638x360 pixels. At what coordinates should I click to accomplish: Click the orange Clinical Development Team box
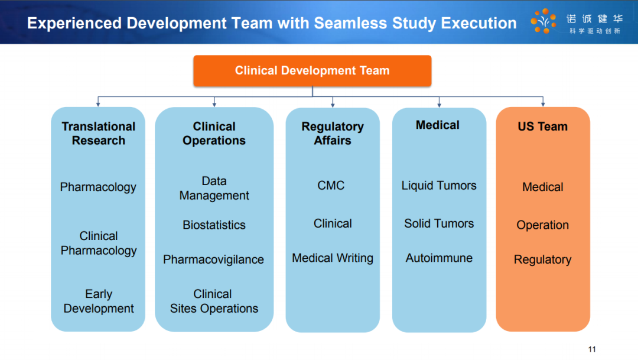coord(312,71)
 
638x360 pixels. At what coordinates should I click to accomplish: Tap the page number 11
coord(591,349)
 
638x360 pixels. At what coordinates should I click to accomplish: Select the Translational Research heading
coord(99,133)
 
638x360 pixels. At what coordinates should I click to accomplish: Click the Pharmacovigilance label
coord(214,260)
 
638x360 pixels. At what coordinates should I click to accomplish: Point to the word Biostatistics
coord(214,225)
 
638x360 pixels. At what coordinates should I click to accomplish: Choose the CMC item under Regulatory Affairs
coord(331,186)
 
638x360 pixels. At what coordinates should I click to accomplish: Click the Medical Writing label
coord(333,258)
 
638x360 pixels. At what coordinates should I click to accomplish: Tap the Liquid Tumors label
coord(438,186)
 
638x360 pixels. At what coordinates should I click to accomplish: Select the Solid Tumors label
coord(438,223)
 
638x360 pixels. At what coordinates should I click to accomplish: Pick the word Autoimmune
coord(438,258)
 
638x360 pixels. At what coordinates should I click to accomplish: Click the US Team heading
coord(542,127)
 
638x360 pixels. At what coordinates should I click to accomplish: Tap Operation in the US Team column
coord(542,225)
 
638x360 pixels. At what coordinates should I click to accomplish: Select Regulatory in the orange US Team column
coord(542,260)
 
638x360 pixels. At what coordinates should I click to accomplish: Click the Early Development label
coord(99,301)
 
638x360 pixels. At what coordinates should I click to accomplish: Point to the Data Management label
coord(214,188)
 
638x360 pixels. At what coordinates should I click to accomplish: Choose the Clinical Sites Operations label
coord(214,301)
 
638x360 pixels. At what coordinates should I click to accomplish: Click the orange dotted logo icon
coord(543,21)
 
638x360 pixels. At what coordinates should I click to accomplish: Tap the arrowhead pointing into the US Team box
coord(543,104)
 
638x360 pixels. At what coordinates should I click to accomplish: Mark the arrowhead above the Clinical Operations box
coord(214,104)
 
